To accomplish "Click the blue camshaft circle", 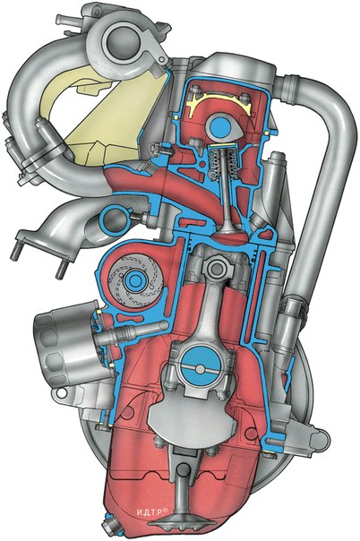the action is (219, 127).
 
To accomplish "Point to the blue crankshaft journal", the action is (201, 369).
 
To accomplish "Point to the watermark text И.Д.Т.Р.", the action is (151, 512).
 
